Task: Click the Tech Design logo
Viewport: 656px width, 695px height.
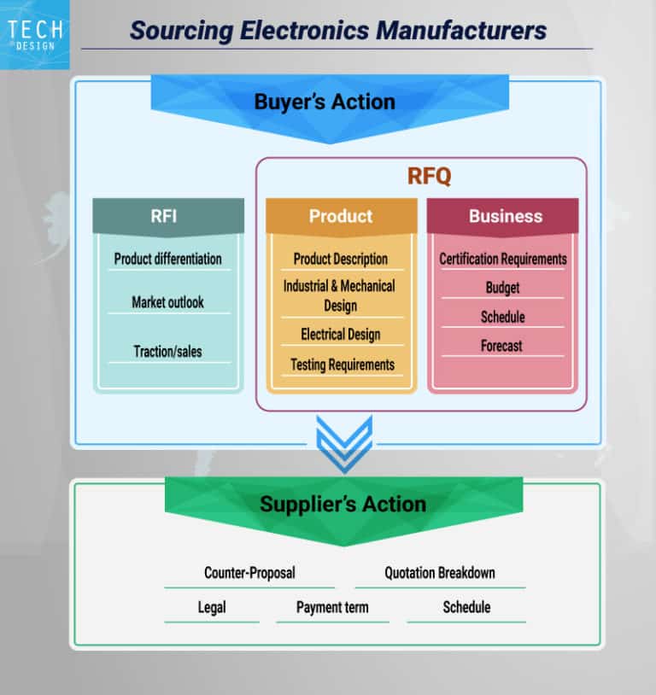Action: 34,34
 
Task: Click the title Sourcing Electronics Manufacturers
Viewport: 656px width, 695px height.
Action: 337,31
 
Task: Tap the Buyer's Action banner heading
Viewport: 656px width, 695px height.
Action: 325,102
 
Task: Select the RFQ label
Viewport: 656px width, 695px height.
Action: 429,177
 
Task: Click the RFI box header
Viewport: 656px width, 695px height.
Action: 164,216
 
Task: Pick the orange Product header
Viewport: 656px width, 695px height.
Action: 341,216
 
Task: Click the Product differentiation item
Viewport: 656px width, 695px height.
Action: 167,259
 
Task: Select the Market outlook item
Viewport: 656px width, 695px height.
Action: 167,302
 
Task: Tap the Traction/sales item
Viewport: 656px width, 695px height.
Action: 167,351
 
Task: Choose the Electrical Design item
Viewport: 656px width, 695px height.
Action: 340,334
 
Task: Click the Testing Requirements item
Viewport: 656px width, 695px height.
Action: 342,365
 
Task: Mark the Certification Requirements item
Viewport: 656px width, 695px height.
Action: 502,259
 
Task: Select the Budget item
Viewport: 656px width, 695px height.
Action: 502,288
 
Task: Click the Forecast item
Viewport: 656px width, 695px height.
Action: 501,346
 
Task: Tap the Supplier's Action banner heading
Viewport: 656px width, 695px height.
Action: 343,504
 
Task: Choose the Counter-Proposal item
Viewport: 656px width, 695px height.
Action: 249,573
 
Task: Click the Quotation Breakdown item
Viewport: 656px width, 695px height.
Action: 439,573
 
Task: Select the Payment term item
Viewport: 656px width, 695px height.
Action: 332,608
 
